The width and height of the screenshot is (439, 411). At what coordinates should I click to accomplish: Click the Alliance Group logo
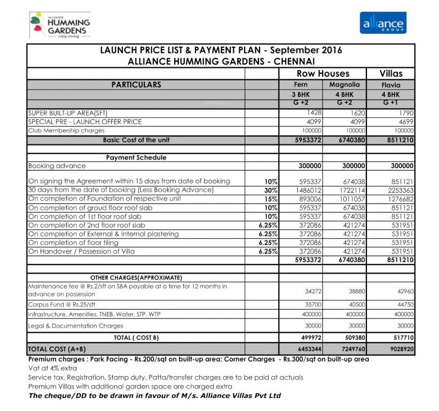coord(382,23)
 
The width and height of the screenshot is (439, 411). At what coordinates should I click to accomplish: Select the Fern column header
coord(301,85)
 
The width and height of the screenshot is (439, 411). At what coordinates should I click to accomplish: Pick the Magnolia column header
coord(344,85)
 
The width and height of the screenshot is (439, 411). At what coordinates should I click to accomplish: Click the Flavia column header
coord(390,85)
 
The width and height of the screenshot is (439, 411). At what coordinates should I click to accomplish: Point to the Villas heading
coord(390,74)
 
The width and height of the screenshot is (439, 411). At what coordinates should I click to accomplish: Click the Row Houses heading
coord(323,74)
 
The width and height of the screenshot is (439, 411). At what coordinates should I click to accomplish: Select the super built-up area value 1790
coord(404,113)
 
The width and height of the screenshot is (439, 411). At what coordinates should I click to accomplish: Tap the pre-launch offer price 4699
coord(404,121)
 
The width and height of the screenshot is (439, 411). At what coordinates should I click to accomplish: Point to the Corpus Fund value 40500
coord(354,304)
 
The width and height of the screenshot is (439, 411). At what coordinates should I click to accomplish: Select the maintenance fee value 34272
coord(311,291)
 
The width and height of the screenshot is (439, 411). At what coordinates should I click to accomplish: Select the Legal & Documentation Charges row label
coord(75,326)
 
